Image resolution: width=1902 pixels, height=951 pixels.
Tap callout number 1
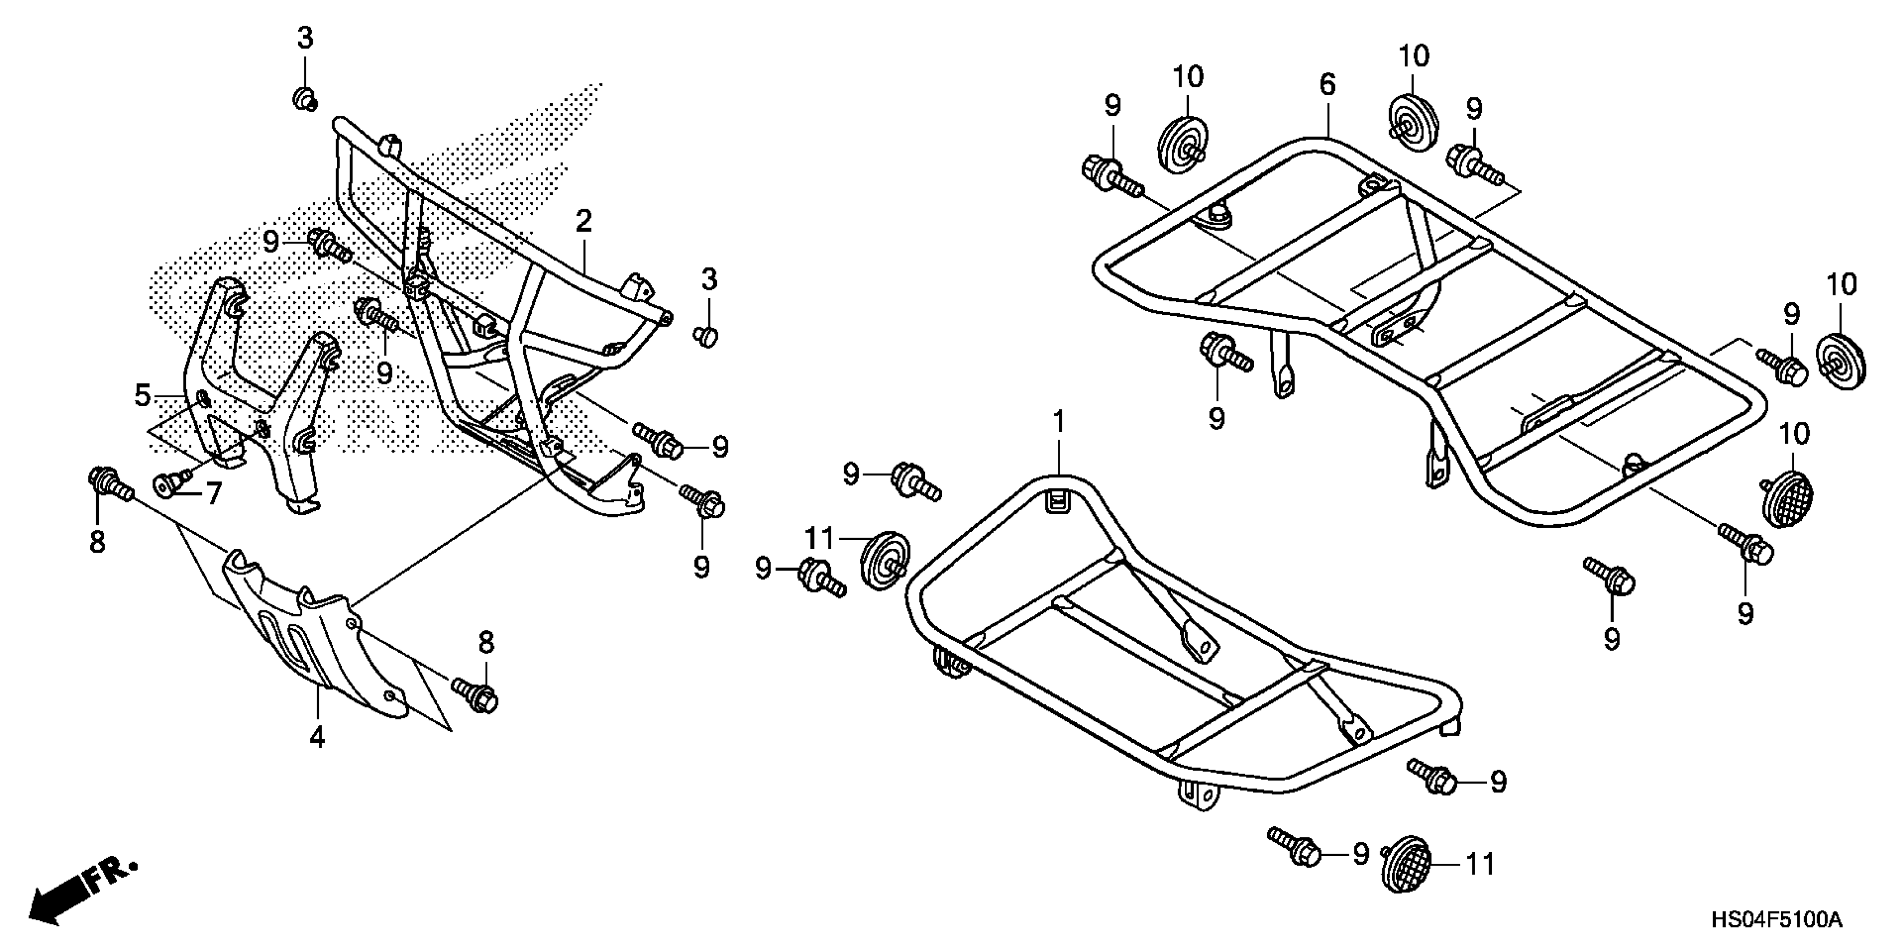pos(1059,422)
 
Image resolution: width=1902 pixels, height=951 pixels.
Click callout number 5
pos(1327,85)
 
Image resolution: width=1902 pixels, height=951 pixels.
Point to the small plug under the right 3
pos(707,337)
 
